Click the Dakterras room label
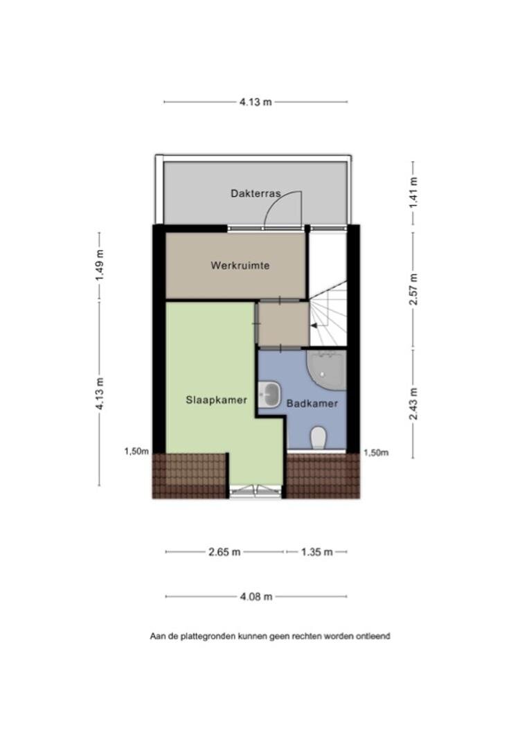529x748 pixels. tap(255, 194)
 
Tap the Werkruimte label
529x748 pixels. tap(240, 265)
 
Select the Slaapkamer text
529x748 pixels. tap(217, 400)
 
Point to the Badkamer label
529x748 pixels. tap(312, 404)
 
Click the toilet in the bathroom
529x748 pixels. tap(319, 438)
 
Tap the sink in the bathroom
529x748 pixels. tap(269, 395)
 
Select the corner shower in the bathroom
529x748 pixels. tap(327, 371)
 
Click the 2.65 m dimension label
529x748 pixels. tap(224, 552)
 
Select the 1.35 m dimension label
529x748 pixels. tap(316, 552)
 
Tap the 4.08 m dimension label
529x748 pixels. tap(256, 596)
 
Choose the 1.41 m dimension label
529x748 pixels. tap(413, 193)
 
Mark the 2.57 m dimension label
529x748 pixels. tap(413, 290)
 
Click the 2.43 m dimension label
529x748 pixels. tap(413, 404)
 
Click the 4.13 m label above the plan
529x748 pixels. tap(255, 102)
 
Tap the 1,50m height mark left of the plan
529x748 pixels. tap(136, 452)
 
